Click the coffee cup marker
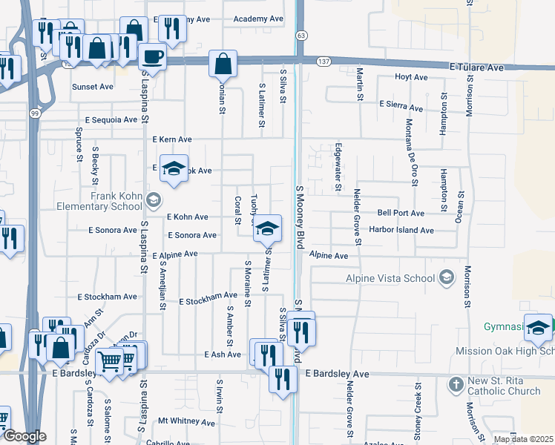(x=153, y=56)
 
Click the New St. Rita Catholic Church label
(x=504, y=386)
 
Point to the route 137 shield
(x=324, y=61)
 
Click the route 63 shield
(x=301, y=35)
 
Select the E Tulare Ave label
(x=476, y=67)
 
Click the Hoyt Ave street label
(x=412, y=77)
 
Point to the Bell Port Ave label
(x=400, y=213)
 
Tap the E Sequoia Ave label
(x=111, y=119)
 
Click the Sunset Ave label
(x=92, y=87)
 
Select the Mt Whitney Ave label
(x=186, y=422)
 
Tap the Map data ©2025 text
(x=523, y=439)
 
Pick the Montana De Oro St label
(x=413, y=151)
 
